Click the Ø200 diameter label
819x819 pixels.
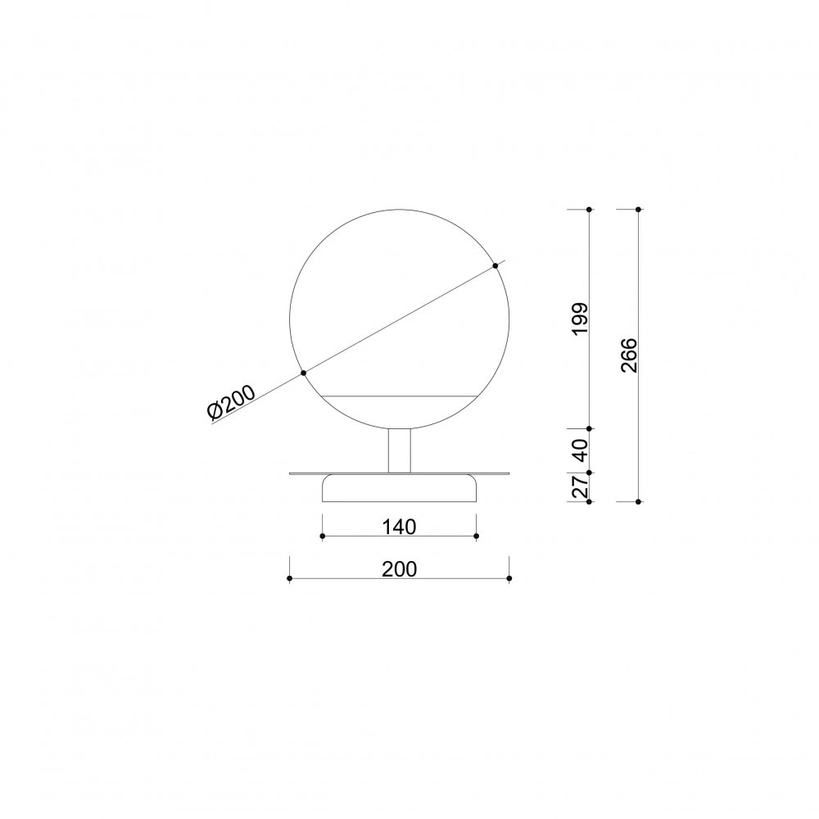point(231,402)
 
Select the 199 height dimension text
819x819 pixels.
point(580,319)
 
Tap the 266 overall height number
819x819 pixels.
point(629,355)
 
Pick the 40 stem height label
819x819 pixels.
point(580,450)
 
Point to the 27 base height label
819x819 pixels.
point(581,486)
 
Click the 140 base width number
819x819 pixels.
point(399,527)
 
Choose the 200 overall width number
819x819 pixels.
point(400,569)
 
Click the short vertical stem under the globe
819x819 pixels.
point(400,450)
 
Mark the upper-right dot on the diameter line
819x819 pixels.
point(495,266)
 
